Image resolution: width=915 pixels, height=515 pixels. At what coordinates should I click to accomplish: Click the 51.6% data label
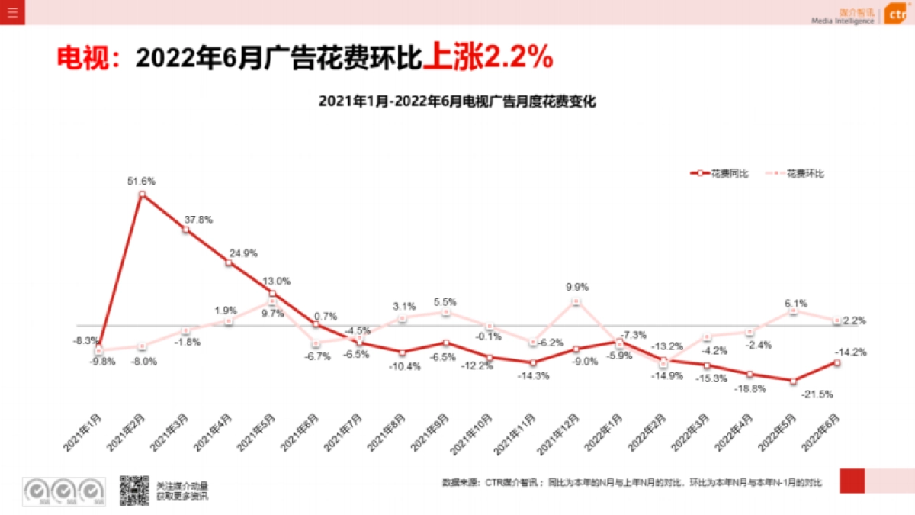(141, 181)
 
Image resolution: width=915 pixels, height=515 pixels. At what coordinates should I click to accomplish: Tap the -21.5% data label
(817, 394)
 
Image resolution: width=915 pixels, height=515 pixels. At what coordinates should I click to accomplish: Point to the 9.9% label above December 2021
(576, 288)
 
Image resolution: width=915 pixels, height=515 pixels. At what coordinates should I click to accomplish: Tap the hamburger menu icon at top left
(12, 12)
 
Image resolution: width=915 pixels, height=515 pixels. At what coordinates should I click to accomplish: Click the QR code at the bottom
(133, 491)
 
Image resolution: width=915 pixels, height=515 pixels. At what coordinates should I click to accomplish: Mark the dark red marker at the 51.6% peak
(142, 195)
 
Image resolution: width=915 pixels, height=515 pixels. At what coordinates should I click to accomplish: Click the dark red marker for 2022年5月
(794, 381)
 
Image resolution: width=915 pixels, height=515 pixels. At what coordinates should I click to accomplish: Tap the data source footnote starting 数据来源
(633, 483)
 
